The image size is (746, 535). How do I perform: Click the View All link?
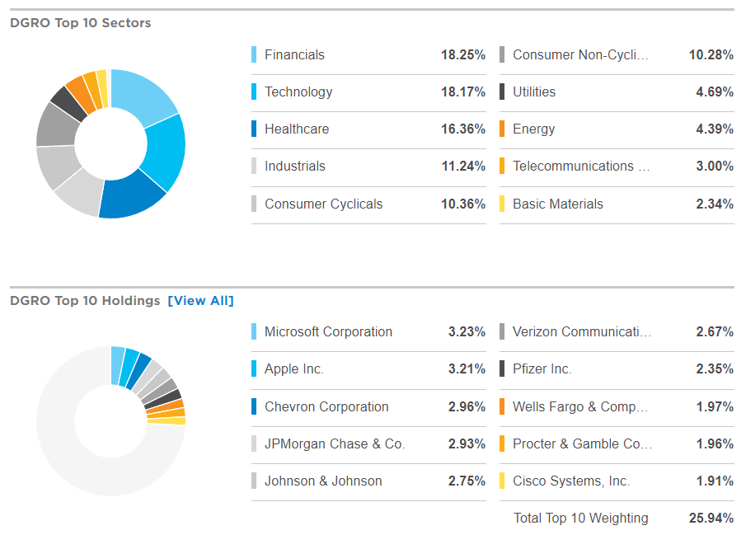click(x=200, y=301)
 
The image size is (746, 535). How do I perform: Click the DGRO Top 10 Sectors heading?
click(x=81, y=23)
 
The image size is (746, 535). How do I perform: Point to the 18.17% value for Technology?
click(x=463, y=92)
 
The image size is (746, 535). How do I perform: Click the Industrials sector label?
click(x=295, y=167)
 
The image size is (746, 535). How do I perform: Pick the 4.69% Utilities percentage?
click(x=715, y=92)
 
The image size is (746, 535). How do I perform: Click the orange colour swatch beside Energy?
click(x=502, y=129)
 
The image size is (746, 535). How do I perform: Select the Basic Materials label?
click(x=558, y=204)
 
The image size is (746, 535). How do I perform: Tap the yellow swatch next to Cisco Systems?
click(x=502, y=481)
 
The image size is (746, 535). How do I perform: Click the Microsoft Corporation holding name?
click(x=328, y=332)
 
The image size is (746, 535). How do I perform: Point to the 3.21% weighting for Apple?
click(x=467, y=369)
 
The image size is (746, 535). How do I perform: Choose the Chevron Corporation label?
click(x=326, y=406)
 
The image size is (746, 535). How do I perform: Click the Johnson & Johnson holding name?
click(x=323, y=481)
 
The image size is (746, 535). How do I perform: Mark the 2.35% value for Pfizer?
click(x=715, y=369)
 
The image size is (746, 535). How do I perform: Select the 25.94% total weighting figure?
click(x=711, y=519)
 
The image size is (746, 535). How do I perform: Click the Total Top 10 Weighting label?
click(x=580, y=519)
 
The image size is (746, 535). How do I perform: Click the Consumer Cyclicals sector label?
click(x=324, y=204)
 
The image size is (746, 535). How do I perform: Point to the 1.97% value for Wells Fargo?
click(x=715, y=406)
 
